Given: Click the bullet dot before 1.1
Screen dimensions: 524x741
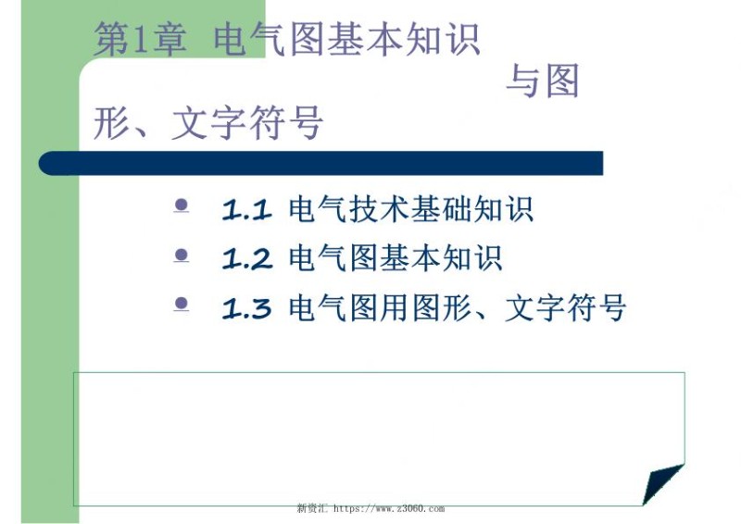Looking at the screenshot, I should [182, 204].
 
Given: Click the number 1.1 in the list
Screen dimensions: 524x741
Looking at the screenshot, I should [246, 210].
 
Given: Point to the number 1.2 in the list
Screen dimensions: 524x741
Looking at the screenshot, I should [246, 259].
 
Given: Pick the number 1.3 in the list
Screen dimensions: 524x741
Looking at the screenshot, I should [246, 308].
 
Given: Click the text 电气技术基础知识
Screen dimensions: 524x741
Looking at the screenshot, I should [411, 209].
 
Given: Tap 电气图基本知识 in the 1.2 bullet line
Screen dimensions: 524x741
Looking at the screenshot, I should [396, 258].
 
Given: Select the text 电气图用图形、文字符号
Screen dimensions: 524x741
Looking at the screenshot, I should [458, 307].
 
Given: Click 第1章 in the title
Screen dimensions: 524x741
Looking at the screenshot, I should [140, 40].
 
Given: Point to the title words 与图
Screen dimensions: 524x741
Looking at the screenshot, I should [543, 82].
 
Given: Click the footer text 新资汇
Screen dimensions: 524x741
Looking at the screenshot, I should [312, 508].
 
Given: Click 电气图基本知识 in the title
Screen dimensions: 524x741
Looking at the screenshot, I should [346, 40].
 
